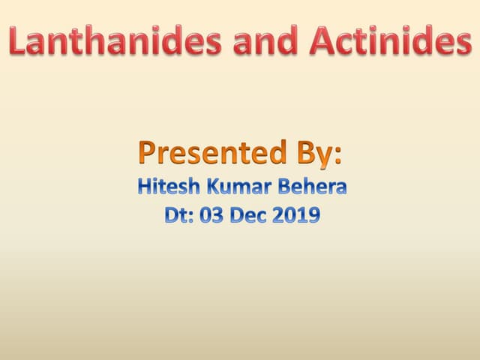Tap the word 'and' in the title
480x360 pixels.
(263, 42)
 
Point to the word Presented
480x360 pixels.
(203, 154)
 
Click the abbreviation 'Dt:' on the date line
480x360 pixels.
(179, 216)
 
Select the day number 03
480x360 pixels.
(212, 216)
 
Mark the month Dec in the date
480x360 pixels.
(252, 216)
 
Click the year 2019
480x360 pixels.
(298, 216)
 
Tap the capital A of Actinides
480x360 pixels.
(321, 42)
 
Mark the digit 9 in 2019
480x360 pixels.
(314, 216)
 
